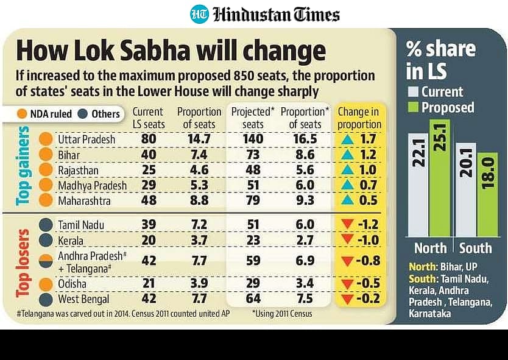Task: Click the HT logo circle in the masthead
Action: point(199,14)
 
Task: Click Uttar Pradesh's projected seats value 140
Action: point(253,139)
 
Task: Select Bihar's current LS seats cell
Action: point(147,155)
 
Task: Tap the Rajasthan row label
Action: point(80,170)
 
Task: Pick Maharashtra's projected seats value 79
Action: point(253,200)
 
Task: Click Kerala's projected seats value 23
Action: point(253,239)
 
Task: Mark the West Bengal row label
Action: point(83,299)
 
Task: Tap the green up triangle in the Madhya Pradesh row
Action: point(347,185)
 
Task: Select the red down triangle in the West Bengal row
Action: point(347,299)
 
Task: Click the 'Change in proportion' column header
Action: point(359,118)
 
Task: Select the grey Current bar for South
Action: point(467,191)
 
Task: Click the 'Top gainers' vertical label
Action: point(24,166)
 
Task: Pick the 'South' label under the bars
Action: point(475,249)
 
